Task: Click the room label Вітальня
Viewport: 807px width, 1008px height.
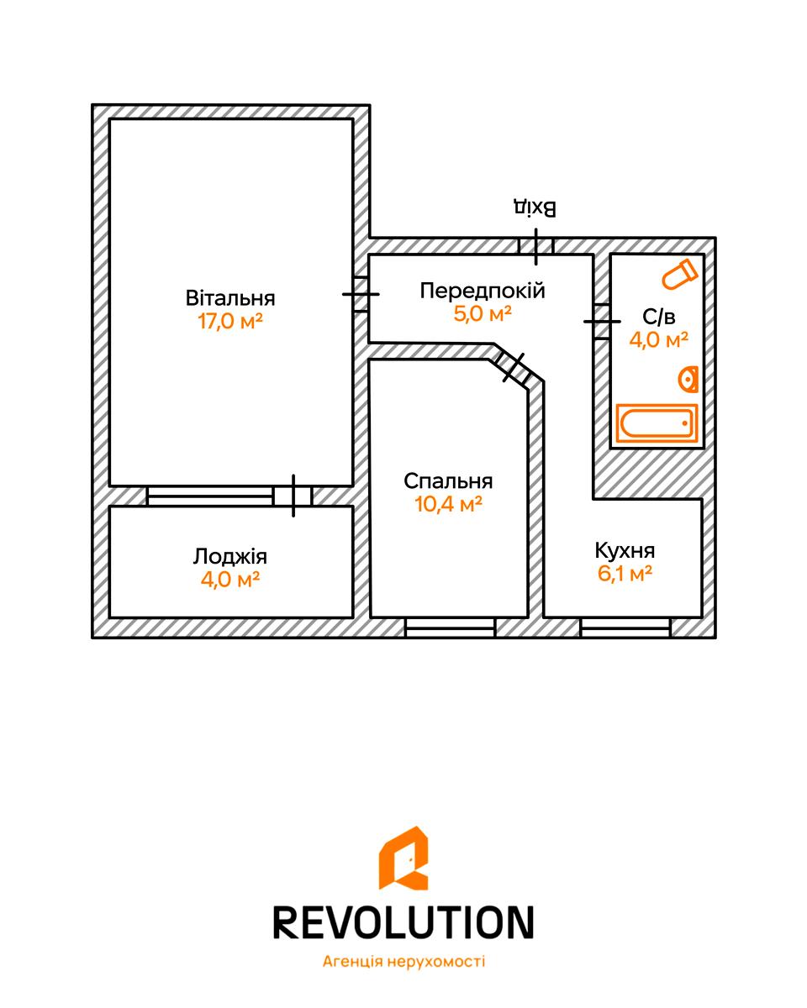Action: tap(230, 298)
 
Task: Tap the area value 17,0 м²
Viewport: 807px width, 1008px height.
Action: tap(230, 322)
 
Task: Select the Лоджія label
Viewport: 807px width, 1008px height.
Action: tap(230, 556)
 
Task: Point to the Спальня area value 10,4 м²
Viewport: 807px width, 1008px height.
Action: tap(448, 505)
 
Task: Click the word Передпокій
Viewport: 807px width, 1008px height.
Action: tap(482, 291)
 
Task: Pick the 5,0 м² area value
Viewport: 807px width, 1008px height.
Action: tap(482, 314)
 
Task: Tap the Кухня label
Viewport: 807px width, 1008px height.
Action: tap(625, 551)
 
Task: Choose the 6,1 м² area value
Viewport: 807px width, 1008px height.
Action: tap(625, 575)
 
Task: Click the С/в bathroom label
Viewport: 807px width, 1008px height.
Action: tap(659, 317)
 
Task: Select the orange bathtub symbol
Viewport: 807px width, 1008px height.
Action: tap(657, 423)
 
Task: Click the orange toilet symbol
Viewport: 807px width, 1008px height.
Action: tap(679, 274)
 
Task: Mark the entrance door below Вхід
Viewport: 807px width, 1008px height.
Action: tap(535, 245)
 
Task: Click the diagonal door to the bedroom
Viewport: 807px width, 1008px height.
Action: tap(514, 367)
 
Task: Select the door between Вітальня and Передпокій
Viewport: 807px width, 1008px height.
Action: tap(361, 294)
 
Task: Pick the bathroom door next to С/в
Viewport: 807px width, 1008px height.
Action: tap(602, 321)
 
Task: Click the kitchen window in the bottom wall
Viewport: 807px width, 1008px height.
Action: tap(625, 627)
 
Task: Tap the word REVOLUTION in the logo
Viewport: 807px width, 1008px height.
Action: tap(403, 921)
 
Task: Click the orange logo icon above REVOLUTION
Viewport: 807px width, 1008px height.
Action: tap(403, 858)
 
